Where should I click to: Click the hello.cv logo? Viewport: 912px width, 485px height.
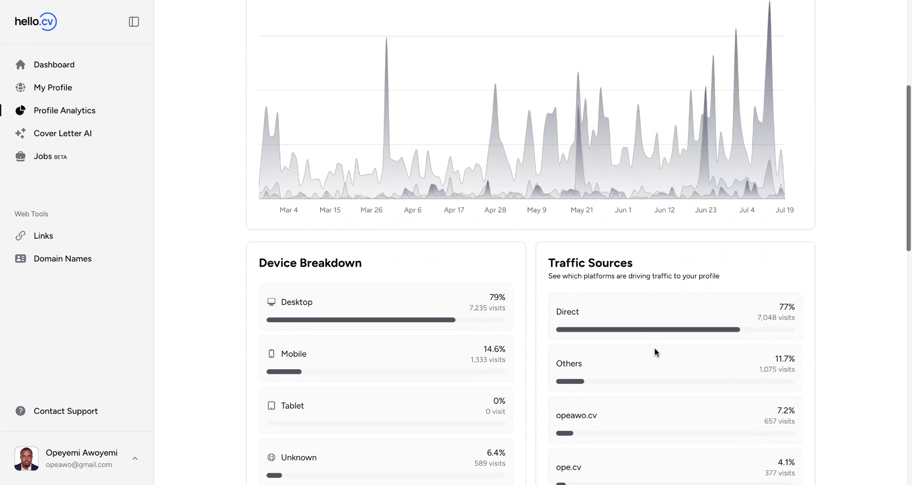click(x=36, y=21)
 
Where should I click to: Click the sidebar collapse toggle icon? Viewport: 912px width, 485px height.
click(x=134, y=22)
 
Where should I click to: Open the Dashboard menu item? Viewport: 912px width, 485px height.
click(x=54, y=65)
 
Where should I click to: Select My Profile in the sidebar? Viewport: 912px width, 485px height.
click(x=53, y=87)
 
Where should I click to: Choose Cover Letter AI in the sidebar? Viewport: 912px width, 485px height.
click(x=62, y=133)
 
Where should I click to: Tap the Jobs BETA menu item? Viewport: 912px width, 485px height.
click(x=50, y=156)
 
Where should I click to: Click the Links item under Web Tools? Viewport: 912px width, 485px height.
click(x=43, y=236)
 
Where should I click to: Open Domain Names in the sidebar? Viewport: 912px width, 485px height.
click(x=62, y=259)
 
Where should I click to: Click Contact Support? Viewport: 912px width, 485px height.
click(x=66, y=411)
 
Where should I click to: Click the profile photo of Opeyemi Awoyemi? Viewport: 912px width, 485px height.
click(x=27, y=458)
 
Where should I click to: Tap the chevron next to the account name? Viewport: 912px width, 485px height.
click(x=135, y=458)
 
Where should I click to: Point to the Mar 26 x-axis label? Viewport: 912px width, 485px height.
click(x=371, y=210)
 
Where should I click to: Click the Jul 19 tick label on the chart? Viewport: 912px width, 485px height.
click(x=784, y=210)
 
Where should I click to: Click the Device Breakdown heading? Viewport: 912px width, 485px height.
click(x=310, y=263)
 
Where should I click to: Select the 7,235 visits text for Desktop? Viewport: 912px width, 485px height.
click(x=487, y=308)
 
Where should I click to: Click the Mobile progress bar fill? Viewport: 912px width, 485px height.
click(x=284, y=372)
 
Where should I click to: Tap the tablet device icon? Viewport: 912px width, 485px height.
click(x=271, y=406)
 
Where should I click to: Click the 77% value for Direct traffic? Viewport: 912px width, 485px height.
click(x=787, y=307)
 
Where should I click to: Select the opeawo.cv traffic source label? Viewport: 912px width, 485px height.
click(x=576, y=415)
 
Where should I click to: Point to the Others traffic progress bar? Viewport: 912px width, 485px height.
click(x=570, y=382)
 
